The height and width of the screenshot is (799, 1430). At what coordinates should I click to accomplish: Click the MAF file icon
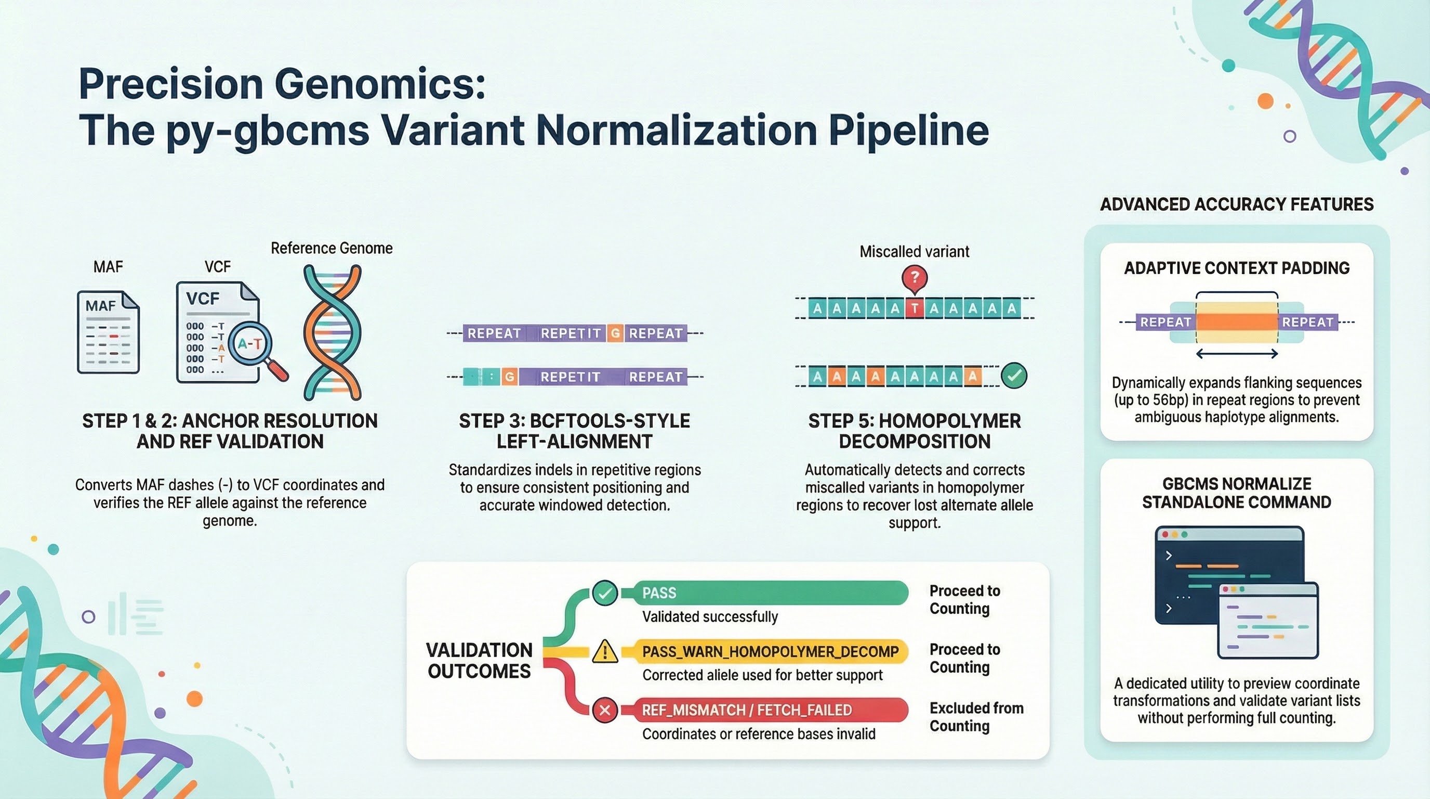pos(108,332)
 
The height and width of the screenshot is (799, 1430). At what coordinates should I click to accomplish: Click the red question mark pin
pos(915,277)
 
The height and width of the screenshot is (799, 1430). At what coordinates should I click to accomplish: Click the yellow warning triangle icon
pos(604,652)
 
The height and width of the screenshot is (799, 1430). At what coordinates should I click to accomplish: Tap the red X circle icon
pos(604,710)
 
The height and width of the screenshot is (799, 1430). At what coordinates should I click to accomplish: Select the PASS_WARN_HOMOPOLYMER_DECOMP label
pos(770,652)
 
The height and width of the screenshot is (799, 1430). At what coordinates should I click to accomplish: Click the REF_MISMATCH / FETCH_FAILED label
pos(747,710)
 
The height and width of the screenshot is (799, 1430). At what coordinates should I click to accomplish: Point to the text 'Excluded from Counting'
pos(975,717)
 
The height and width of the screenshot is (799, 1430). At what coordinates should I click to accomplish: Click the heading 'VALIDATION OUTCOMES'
pos(480,661)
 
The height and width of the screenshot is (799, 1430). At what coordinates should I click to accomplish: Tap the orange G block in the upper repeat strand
pos(615,333)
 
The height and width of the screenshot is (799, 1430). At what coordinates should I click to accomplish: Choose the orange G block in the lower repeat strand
pos(510,377)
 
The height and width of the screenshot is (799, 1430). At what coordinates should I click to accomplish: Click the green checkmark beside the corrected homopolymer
pos(1014,376)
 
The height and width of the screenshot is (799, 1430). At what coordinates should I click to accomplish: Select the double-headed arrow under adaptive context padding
pos(1237,353)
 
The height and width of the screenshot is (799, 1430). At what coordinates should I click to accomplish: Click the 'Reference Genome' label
pos(332,248)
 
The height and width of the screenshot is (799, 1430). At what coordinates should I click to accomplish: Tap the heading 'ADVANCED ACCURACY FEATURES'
pos(1236,204)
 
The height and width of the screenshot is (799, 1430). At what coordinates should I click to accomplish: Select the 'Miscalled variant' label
pos(915,252)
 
